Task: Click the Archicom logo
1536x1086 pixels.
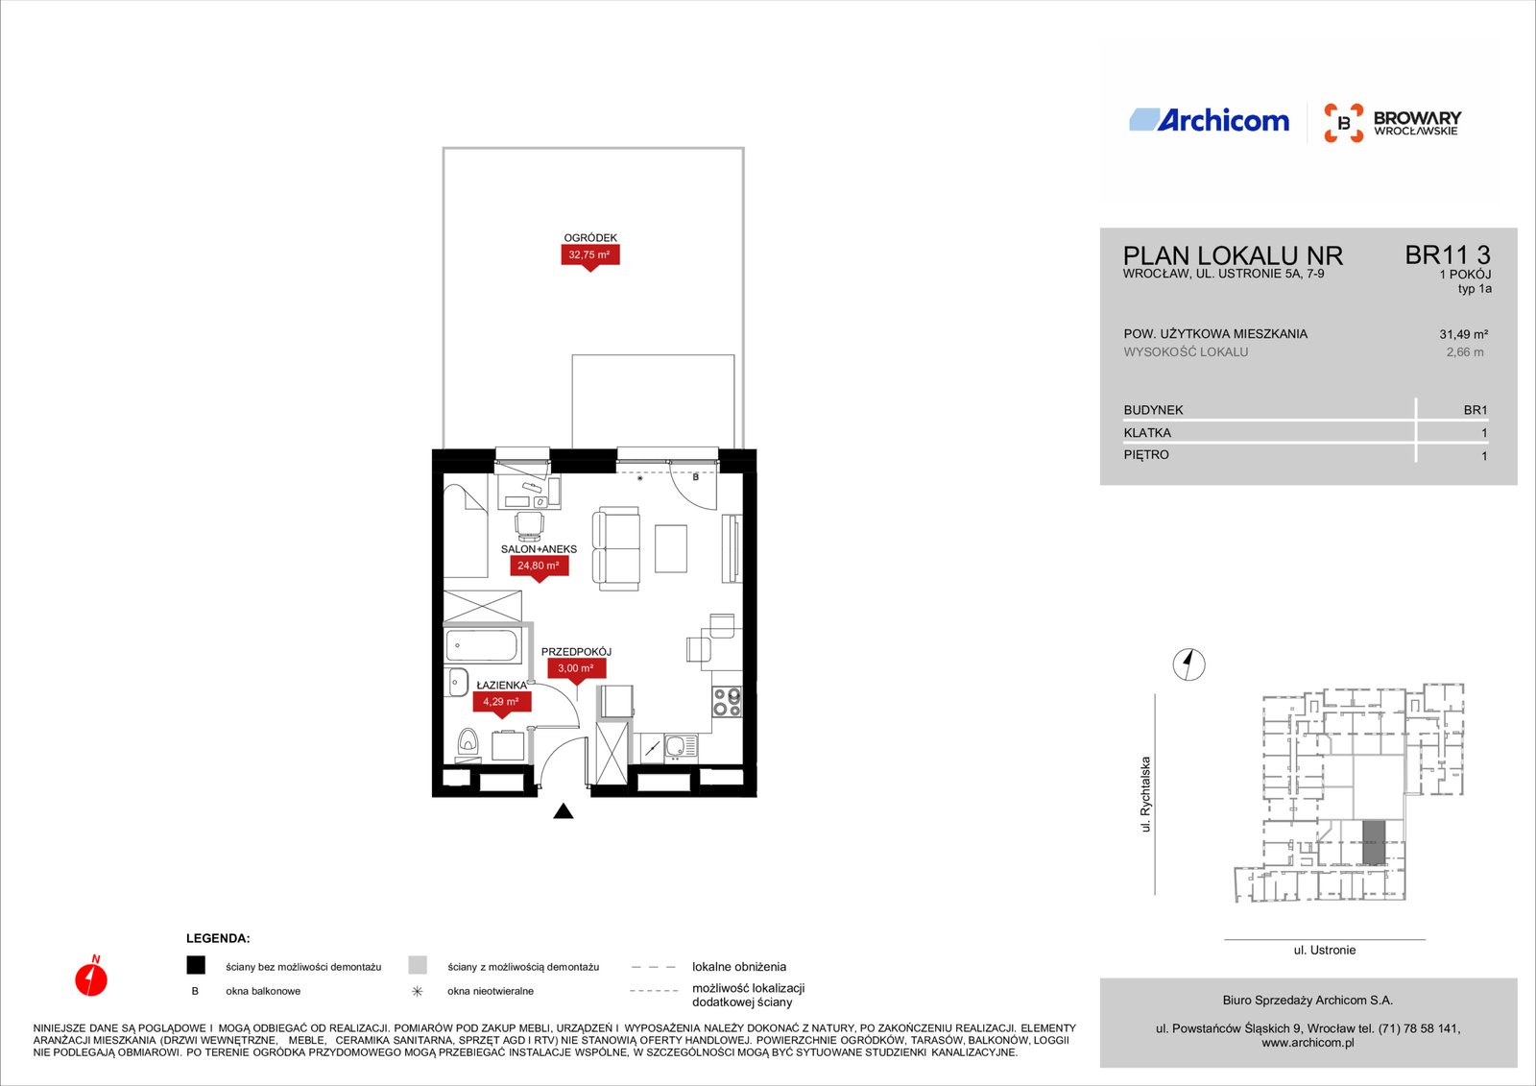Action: [x=1209, y=120]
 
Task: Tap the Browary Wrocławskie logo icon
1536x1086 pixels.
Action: [x=1343, y=123]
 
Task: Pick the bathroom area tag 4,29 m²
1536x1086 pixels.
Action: [x=501, y=704]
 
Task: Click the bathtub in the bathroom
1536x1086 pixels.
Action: [x=481, y=645]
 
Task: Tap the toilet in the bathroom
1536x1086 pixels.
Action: [x=468, y=743]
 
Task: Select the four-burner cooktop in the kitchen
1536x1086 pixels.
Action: [x=727, y=702]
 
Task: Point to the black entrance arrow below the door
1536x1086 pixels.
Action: [x=563, y=810]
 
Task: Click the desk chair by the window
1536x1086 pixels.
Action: [x=529, y=525]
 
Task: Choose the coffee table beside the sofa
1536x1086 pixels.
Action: [x=671, y=548]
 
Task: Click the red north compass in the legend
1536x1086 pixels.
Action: [x=91, y=977]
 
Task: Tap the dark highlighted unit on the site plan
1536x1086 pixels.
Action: [x=1374, y=842]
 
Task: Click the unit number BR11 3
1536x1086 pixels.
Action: [x=1448, y=255]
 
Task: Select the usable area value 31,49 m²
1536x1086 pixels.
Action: [x=1463, y=335]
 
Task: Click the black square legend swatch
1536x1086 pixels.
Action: [x=196, y=965]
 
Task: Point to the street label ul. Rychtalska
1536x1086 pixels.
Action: [x=1145, y=794]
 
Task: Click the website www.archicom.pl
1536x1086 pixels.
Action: [x=1308, y=1043]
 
